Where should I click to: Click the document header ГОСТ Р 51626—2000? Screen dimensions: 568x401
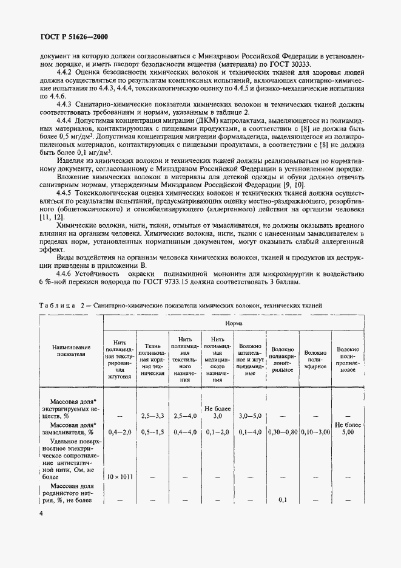click(x=66, y=36)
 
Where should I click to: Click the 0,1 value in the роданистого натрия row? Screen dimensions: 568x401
click(x=282, y=500)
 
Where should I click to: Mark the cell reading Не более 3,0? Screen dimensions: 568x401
click(x=215, y=412)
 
